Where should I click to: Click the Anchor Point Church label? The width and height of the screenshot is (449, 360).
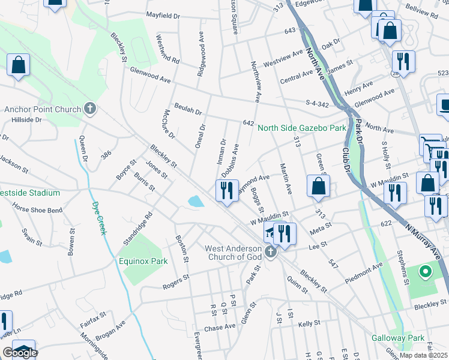(42, 109)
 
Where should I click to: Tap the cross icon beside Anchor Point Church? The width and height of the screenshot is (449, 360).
(90, 109)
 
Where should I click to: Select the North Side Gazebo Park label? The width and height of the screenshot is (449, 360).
(302, 128)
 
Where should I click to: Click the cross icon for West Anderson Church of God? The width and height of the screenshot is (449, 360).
(271, 253)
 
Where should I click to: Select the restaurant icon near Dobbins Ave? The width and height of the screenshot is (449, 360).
(227, 190)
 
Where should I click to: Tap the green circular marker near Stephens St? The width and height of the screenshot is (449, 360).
(426, 273)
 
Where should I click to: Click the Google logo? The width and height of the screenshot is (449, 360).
(20, 353)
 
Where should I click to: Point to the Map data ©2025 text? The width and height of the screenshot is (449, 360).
(423, 355)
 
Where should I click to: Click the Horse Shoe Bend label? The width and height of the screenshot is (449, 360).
(37, 210)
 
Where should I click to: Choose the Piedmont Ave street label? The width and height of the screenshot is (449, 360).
(364, 274)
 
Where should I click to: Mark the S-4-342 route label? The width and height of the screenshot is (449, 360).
(316, 104)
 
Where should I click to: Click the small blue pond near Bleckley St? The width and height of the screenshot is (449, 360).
(195, 202)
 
